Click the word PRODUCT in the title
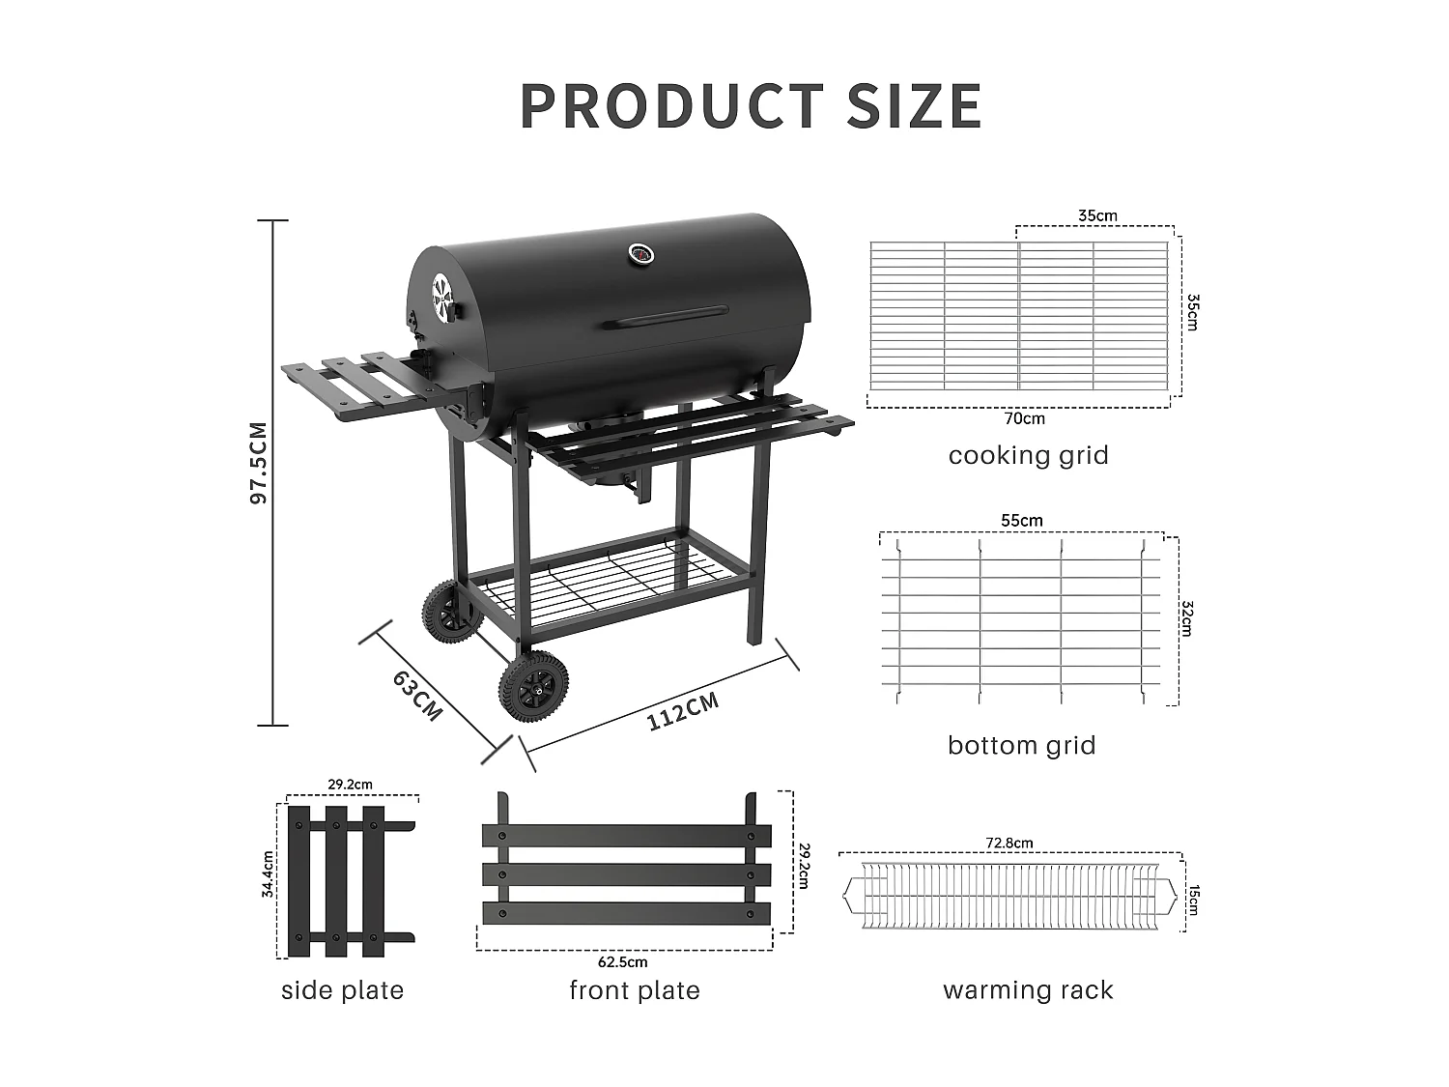tap(671, 106)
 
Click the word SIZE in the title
tap(914, 106)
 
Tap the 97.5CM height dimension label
tap(258, 463)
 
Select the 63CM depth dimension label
tap(417, 695)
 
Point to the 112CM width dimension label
tap(683, 711)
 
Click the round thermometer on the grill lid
tap(640, 254)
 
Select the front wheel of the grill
tap(532, 685)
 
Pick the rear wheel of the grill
tap(447, 610)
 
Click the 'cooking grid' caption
tap(1028, 455)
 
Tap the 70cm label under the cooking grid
tap(1025, 418)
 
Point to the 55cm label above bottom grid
tap(1021, 521)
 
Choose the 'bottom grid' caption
tap(1021, 745)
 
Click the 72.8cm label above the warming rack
tap(1009, 843)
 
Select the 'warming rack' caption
tap(1028, 989)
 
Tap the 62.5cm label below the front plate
tap(623, 961)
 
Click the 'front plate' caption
tap(634, 989)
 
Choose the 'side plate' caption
tap(342, 989)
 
